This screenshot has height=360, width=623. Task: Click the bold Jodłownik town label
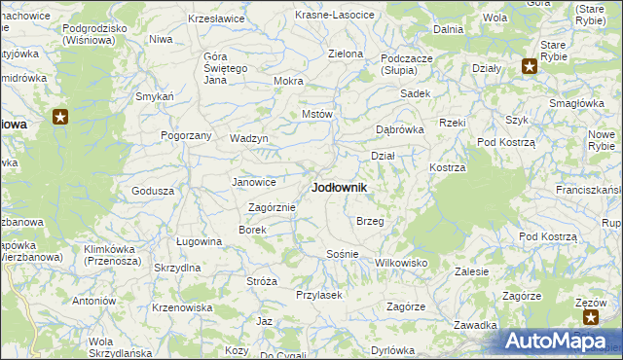(x=339, y=188)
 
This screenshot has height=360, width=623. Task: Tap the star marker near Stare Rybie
(x=529, y=67)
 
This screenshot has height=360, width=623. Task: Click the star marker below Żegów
(x=589, y=317)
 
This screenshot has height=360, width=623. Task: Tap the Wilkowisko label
(x=401, y=263)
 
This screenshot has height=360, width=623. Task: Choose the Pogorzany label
(x=186, y=135)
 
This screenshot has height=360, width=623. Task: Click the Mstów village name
(x=317, y=114)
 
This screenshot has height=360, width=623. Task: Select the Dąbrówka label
(x=400, y=128)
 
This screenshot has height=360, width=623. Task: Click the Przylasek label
(x=318, y=295)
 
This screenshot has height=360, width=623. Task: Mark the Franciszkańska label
(x=588, y=189)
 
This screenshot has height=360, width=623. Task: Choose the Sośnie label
(x=342, y=254)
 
